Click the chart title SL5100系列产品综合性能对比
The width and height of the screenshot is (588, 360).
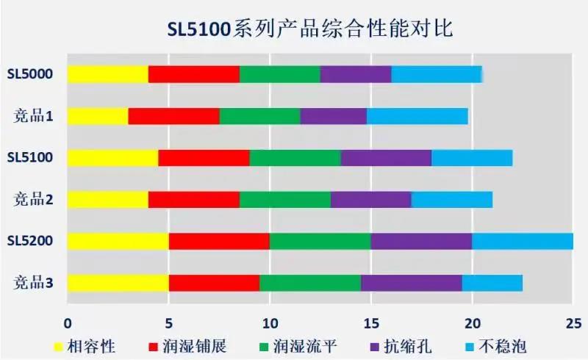[309, 29]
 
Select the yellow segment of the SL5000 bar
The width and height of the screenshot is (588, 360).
[107, 74]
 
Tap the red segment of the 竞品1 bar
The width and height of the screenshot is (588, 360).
[173, 116]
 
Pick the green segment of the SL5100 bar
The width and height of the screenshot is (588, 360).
[295, 158]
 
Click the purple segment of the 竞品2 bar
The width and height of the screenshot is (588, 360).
[370, 199]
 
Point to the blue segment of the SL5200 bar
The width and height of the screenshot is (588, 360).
[522, 241]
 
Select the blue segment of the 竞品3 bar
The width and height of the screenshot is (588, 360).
[492, 283]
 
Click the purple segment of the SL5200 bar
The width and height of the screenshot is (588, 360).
[420, 241]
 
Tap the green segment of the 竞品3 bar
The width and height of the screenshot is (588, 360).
[309, 283]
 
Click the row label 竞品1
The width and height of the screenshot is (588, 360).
[32, 116]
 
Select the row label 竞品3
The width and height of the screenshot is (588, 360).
[32, 283]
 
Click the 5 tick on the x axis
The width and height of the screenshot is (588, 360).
[168, 321]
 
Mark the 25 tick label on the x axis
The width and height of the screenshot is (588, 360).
[573, 321]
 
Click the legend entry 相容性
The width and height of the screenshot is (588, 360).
[93, 345]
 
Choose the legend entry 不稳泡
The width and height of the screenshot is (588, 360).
[503, 345]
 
